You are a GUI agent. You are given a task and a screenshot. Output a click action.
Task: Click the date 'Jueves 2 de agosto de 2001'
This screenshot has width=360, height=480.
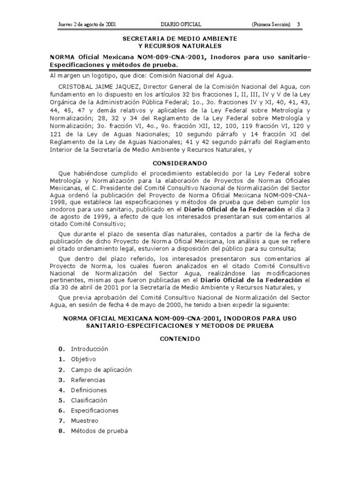click(87, 24)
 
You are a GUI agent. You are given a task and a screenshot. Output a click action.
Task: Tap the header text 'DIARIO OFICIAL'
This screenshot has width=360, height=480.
click(180, 24)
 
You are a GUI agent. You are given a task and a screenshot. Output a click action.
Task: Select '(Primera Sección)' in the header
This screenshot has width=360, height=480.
click(270, 24)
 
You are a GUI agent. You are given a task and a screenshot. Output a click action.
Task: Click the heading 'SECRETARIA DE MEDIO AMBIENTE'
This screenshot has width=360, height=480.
click(180, 38)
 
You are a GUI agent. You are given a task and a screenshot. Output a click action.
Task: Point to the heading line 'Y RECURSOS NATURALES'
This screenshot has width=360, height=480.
click(180, 45)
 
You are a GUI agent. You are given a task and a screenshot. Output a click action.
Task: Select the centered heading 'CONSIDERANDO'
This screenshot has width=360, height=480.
click(180, 164)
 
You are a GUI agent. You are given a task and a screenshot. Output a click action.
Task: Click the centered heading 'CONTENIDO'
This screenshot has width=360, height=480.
click(180, 338)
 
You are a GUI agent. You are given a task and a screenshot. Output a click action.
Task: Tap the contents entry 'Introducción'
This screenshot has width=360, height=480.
click(90, 349)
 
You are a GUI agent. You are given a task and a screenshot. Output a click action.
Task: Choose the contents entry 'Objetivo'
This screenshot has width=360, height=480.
click(83, 359)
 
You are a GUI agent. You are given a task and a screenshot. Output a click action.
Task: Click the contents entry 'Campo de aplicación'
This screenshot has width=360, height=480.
click(101, 369)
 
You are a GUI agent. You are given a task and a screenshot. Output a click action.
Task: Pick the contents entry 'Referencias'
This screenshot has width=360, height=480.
click(88, 380)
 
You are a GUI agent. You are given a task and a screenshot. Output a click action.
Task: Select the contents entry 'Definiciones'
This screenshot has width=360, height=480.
click(89, 390)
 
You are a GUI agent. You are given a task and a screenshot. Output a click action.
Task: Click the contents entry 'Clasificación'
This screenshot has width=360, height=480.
click(89, 400)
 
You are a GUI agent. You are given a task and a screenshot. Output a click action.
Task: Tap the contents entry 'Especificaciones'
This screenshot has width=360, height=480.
click(95, 411)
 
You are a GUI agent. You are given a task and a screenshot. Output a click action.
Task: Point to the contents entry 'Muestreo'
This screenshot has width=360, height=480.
click(84, 421)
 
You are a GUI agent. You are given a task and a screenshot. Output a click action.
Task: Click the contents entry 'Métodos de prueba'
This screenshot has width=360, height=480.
click(99, 431)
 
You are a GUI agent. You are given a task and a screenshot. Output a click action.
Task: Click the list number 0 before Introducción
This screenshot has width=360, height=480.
click(61, 349)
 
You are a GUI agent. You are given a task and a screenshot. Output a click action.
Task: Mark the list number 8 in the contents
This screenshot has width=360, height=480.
click(61, 431)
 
